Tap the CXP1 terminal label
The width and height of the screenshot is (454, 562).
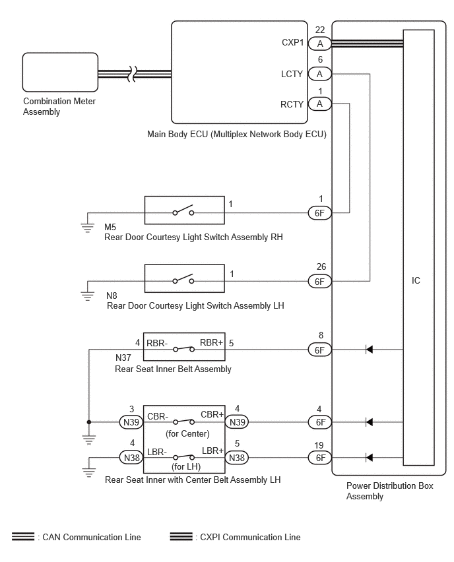[x=292, y=42]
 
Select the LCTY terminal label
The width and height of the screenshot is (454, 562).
[x=292, y=74]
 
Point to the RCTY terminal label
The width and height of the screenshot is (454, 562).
[x=292, y=104]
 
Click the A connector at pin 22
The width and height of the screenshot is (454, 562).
[x=320, y=44]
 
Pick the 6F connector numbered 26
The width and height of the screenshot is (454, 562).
[x=320, y=282]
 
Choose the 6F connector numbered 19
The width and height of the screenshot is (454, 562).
[x=320, y=458]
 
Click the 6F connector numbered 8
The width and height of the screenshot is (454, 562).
[x=320, y=350]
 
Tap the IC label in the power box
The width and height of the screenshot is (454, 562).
[x=416, y=280]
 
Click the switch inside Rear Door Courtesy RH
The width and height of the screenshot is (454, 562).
[x=183, y=211]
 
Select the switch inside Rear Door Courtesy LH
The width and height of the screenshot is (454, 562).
[x=183, y=280]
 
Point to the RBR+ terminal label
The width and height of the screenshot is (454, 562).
[x=212, y=342]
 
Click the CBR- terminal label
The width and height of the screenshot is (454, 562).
[x=158, y=416]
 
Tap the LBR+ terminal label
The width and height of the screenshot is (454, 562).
[x=212, y=451]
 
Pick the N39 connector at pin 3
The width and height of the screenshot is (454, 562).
[x=131, y=422]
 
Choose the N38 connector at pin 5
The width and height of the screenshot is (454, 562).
[x=237, y=458]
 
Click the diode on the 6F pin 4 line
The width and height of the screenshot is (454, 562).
[x=369, y=422]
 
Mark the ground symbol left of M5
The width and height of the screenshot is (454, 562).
[x=88, y=228]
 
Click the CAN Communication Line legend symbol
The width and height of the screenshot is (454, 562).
[x=23, y=536]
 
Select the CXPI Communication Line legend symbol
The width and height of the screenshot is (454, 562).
[x=181, y=536]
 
